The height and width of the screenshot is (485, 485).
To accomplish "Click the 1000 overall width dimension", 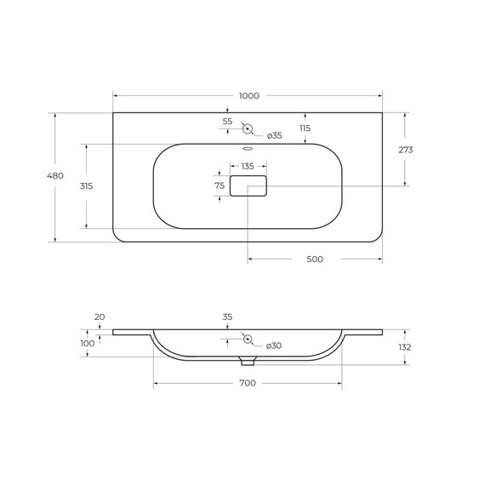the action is (249, 96).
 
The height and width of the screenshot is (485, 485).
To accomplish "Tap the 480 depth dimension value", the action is (55, 175).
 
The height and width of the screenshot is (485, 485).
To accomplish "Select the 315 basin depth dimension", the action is (86, 185).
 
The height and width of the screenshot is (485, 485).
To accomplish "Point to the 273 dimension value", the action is (406, 150).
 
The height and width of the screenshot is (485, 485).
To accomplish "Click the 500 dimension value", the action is (315, 259).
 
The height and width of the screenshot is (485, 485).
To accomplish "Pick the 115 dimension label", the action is (305, 128).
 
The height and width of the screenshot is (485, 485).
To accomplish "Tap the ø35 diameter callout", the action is (275, 135).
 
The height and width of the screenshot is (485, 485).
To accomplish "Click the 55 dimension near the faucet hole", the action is (227, 121).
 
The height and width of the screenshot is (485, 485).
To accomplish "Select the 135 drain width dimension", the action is (248, 167).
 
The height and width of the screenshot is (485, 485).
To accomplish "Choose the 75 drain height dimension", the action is (220, 185).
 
